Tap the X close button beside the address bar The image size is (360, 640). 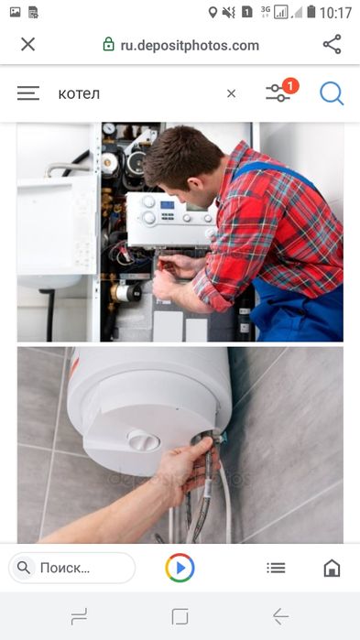tap(27, 45)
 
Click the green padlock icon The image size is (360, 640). tap(108, 44)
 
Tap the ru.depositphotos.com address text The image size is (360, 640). tap(190, 45)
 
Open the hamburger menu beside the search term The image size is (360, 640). tap(28, 93)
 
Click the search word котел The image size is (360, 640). tap(79, 94)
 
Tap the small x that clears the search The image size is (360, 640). tap(231, 94)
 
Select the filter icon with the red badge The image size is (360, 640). tap(281, 91)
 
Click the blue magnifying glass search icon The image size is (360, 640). tap(332, 93)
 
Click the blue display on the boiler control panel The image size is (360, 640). tap(168, 205)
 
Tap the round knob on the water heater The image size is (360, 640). tap(144, 440)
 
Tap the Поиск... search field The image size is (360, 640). tap(71, 568)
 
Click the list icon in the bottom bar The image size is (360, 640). tap(276, 568)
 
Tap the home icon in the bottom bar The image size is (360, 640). tap(332, 568)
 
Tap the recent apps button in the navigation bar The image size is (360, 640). tap(79, 616)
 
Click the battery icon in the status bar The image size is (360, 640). tap(311, 11)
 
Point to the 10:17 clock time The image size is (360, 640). tap(335, 13)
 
